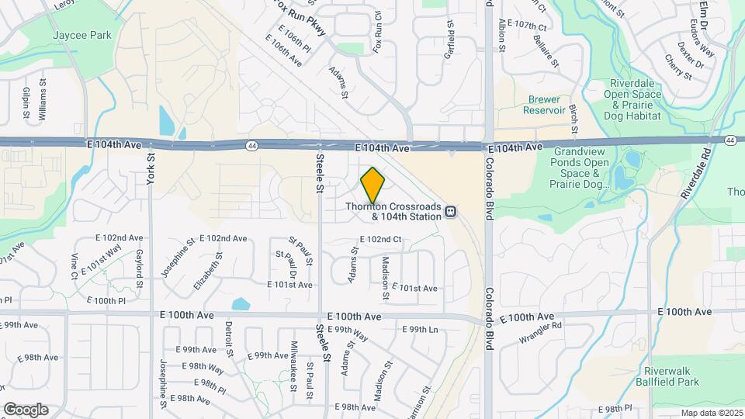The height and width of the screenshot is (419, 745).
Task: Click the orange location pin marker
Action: [373, 185]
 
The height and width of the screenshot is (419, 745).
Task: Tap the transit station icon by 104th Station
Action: [451, 211]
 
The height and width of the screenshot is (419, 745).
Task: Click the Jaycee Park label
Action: [81, 36]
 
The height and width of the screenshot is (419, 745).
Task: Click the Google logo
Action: [26, 409]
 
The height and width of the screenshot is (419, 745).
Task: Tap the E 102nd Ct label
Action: [380, 239]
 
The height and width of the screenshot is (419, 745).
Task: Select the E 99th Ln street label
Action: [420, 330]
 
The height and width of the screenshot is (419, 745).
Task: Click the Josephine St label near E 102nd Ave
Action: [178, 262]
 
